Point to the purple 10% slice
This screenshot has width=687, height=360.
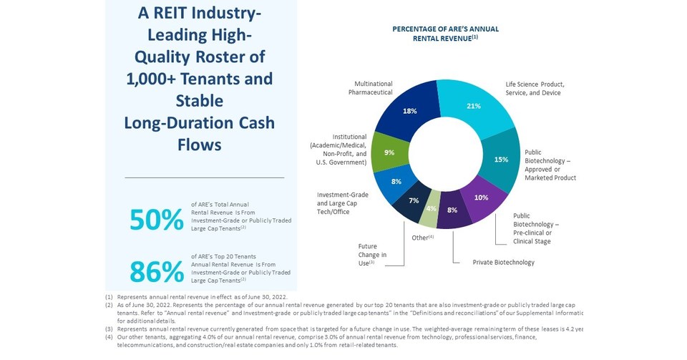click(481, 197)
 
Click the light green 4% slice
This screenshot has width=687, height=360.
click(431, 208)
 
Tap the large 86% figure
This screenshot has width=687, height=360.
click(157, 272)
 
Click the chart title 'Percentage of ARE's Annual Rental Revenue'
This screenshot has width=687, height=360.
click(445, 34)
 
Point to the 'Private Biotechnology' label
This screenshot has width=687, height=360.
click(504, 263)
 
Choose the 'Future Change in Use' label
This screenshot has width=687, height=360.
click(372, 255)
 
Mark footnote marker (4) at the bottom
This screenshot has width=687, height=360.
click(109, 336)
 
